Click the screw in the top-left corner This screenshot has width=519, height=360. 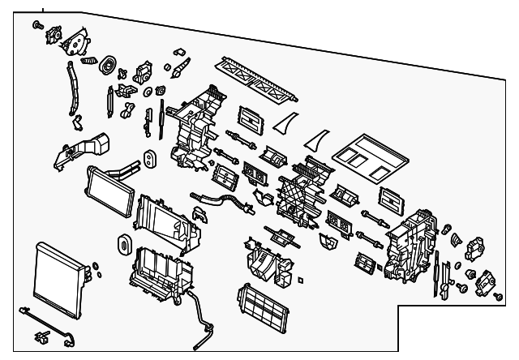pos(38,27)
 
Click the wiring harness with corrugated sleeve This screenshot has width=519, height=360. pos(219,201)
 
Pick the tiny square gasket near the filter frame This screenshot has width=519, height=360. pos(301,281)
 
